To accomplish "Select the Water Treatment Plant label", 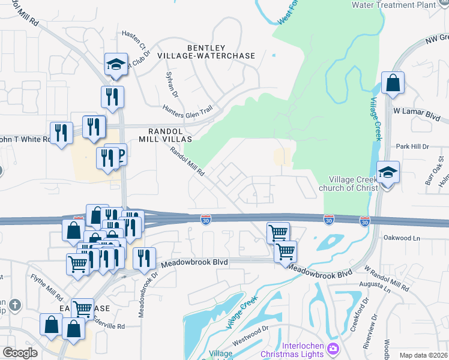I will [402, 5].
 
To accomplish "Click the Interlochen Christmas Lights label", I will [292, 350].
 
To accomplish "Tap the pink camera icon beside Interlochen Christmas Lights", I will [333, 349].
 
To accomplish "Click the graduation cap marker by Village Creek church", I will [388, 172].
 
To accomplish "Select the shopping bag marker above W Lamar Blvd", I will [393, 83].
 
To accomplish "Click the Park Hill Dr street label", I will [411, 146].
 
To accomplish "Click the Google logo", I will [20, 352].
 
